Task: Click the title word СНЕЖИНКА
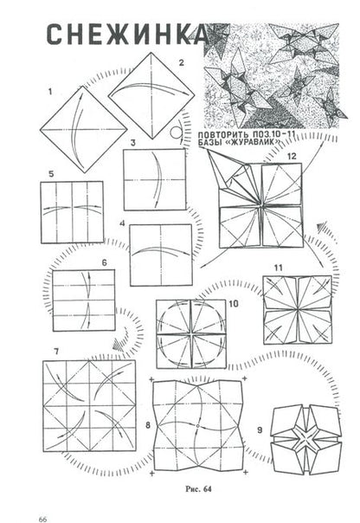127,35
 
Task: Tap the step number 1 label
50,92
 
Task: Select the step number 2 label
181,62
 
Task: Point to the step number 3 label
133,143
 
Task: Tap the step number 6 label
105,263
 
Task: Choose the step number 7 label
56,351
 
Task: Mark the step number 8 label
148,425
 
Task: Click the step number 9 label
260,430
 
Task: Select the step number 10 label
234,304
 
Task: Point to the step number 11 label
279,268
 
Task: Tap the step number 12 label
292,156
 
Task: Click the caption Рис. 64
198,489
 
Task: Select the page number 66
42,519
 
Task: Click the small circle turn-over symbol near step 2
176,132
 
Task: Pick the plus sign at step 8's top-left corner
151,379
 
